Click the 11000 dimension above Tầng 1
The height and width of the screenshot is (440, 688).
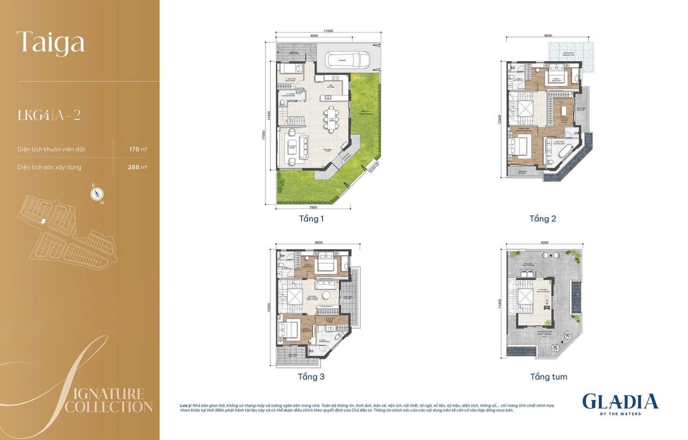pos(328,31)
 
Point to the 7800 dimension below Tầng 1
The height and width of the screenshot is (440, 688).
pos(313,207)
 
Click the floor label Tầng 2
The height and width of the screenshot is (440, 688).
pos(542,219)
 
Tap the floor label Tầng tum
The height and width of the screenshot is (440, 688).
pos(548,377)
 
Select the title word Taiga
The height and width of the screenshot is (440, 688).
pos(51,42)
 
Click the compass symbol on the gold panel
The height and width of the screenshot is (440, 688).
pos(97,194)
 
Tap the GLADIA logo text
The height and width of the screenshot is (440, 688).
pos(620,401)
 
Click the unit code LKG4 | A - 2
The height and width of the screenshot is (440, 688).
pos(49,116)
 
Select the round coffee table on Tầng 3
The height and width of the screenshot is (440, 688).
pos(325,294)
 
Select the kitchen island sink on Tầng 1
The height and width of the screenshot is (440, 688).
pos(327,97)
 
